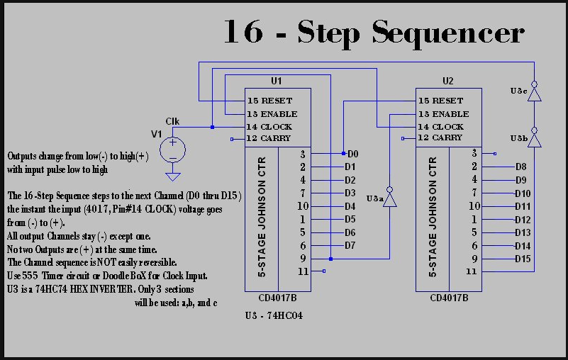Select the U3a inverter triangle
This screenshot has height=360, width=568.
click(389, 199)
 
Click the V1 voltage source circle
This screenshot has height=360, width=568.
click(172, 150)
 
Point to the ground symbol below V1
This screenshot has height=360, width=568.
click(172, 175)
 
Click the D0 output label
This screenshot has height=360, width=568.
click(352, 154)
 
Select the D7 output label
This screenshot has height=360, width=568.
click(350, 246)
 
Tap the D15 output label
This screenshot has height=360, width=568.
click(523, 259)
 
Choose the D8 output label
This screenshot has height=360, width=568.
click(520, 167)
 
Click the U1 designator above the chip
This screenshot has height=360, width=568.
click(277, 81)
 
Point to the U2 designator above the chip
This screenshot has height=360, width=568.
click(447, 81)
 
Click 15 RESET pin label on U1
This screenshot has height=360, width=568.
click(269, 101)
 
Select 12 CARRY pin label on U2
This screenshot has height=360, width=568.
click(440, 137)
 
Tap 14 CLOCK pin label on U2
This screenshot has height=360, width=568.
click(440, 126)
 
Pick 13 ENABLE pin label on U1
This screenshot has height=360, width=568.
click(272, 113)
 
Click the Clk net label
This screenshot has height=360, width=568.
click(172, 121)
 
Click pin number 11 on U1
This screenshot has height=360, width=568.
click(303, 271)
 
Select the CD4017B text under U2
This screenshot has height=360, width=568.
click(449, 298)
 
